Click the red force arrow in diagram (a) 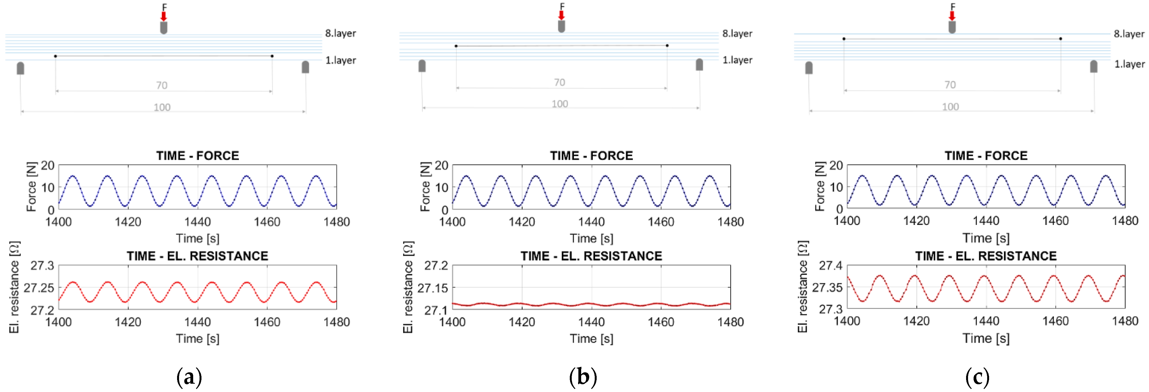tap(164, 16)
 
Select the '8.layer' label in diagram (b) tap(737, 34)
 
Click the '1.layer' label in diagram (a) tap(340, 60)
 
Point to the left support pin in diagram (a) tap(21, 68)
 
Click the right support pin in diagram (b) tap(699, 65)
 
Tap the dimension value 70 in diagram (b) tap(559, 83)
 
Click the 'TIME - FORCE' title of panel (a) tap(198, 156)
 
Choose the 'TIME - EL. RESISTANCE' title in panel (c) tap(986, 256)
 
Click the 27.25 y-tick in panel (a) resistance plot tap(39, 288)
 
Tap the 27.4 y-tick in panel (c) tap(831, 266)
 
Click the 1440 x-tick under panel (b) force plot tap(591, 222)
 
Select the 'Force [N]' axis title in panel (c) tap(820, 186)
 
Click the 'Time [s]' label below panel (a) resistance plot tap(198, 339)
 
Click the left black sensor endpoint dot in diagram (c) tap(844, 39)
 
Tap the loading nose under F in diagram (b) tap(561, 26)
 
